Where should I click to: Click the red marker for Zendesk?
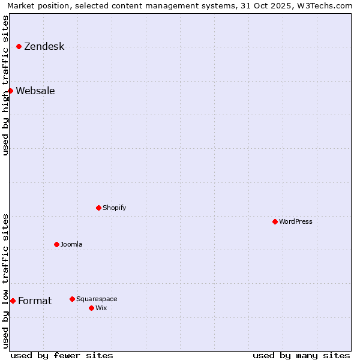coord(19,46)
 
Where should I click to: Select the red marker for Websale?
coord(10,91)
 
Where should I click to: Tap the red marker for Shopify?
coord(98,208)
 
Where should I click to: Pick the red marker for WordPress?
coord(275,221)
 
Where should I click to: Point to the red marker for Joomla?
coord(56,244)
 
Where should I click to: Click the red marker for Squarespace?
coord(72,299)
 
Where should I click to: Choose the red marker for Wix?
coord(91,308)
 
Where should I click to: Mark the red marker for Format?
coord(13,301)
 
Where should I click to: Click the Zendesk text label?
coord(44,46)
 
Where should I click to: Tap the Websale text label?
coord(35,91)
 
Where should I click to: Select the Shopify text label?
coord(114,208)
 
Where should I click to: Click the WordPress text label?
coord(295,221)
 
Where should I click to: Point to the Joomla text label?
coord(71,244)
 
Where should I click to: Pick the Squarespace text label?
coord(97,299)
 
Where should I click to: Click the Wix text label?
coord(101,308)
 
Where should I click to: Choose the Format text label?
coord(35,301)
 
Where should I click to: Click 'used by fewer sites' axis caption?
coord(62,355)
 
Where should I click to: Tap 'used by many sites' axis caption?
coord(301,355)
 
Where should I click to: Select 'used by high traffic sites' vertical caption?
coord(5,85)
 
